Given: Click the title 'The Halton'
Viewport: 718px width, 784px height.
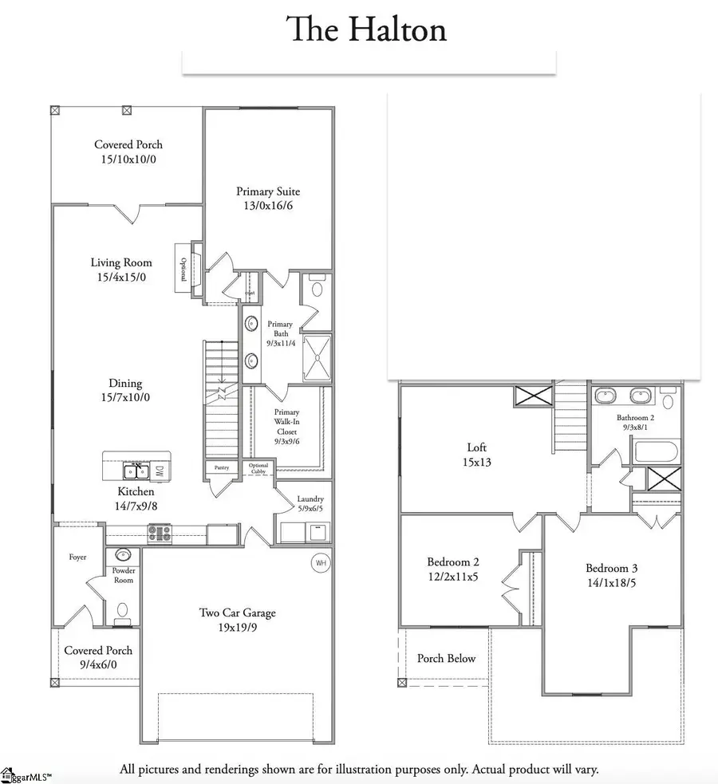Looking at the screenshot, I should click(366, 30).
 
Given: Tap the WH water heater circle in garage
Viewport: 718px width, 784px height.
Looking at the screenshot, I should click(321, 563).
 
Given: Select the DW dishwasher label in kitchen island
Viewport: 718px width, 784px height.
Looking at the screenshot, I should click(159, 471).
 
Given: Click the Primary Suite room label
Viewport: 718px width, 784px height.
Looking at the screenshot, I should click(268, 191).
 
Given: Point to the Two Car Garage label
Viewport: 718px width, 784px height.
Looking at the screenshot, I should click(239, 613).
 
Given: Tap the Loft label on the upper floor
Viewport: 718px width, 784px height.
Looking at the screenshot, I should click(476, 448).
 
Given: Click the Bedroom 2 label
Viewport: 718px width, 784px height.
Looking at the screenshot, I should click(453, 561).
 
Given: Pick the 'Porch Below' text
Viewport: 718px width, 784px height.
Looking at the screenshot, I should click(446, 658).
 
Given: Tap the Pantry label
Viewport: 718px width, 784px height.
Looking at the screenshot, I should click(221, 467).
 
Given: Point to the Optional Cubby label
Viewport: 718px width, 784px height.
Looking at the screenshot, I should click(258, 468).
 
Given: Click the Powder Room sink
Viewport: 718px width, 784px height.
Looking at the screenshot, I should click(123, 555).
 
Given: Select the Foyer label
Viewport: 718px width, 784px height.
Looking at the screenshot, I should click(77, 557).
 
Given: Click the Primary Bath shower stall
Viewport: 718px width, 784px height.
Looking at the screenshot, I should click(318, 357).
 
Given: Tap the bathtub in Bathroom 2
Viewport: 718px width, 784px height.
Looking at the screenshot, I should click(656, 454).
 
